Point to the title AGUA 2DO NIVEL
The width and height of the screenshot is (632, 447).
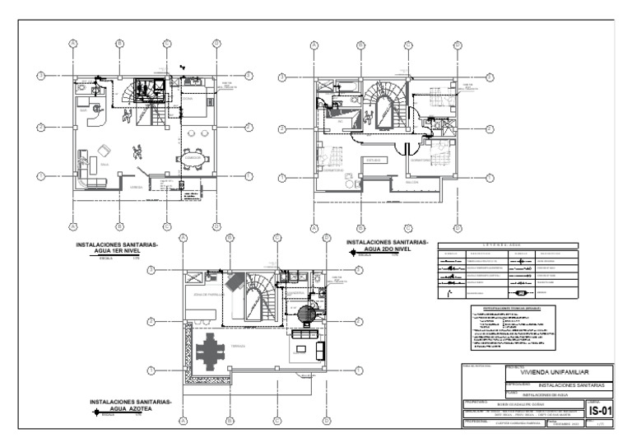pyautogui.click(x=387, y=246)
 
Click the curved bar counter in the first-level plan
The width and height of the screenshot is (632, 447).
pyautogui.click(x=94, y=117)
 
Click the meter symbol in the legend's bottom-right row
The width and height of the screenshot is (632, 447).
pyautogui.click(x=520, y=292)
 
